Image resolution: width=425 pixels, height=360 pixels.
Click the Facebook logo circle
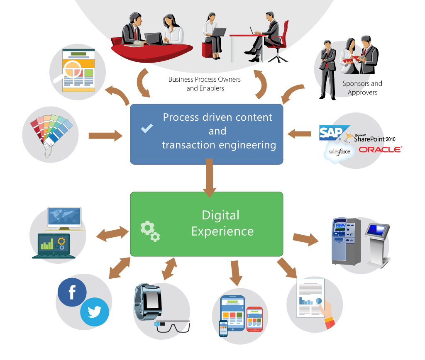pyautogui.click(x=72, y=292)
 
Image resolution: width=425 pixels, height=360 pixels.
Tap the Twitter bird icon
pyautogui.click(x=95, y=312)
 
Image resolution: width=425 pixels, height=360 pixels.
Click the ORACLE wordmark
pyautogui.click(x=380, y=149)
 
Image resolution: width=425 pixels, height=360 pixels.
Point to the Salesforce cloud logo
pyautogui.click(x=339, y=152)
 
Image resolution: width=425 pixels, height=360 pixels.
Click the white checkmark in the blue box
pyautogui.click(x=147, y=129)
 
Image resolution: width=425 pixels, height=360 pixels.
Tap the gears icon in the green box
pyautogui.click(x=150, y=231)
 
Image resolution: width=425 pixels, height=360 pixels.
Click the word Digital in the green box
pyautogui.click(x=220, y=215)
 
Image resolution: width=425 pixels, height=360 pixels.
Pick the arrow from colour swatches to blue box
pyautogui.click(x=105, y=136)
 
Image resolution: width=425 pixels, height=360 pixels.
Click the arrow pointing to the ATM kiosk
pyautogui.click(x=305, y=239)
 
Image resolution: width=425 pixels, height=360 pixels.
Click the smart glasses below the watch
pyautogui.click(x=172, y=326)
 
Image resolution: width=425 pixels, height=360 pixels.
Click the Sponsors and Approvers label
pyautogui.click(x=362, y=88)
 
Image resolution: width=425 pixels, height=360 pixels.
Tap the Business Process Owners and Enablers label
pyautogui.click(x=205, y=83)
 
